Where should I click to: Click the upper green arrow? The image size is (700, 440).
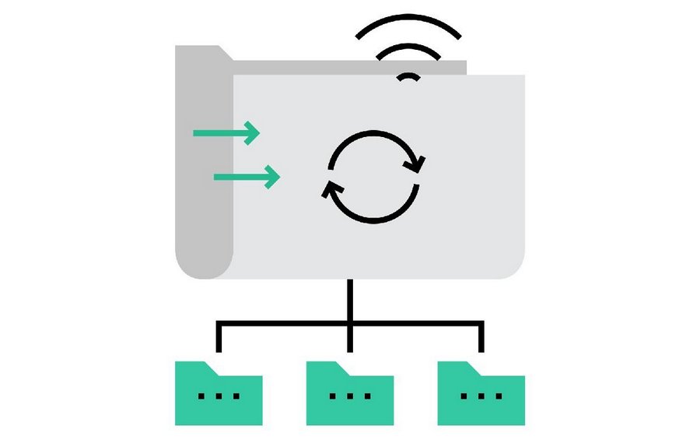click(226, 132)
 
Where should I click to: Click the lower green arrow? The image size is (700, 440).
click(246, 177)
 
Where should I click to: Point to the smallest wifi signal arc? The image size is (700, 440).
click(409, 76)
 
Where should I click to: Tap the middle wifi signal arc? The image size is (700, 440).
click(409, 48)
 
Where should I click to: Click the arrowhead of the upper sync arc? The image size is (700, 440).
click(419, 164)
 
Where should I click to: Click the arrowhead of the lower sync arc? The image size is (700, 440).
click(331, 188)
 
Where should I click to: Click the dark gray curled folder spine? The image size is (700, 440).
click(205, 171)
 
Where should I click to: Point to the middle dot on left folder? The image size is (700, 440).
click(219, 396)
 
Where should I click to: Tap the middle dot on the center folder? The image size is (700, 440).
click(349, 396)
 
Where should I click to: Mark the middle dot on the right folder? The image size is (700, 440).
click(481, 396)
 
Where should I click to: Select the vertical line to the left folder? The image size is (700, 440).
click(219, 336)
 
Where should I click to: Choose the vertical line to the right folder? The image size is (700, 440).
click(481, 336)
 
